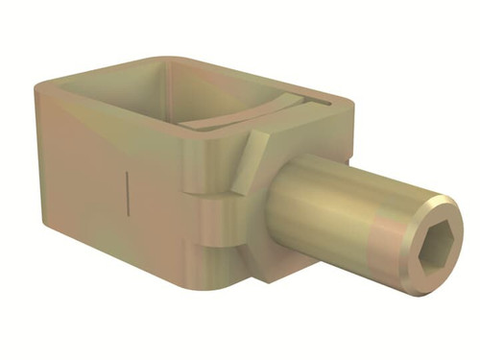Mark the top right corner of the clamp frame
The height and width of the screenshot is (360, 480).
[x=347, y=99]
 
